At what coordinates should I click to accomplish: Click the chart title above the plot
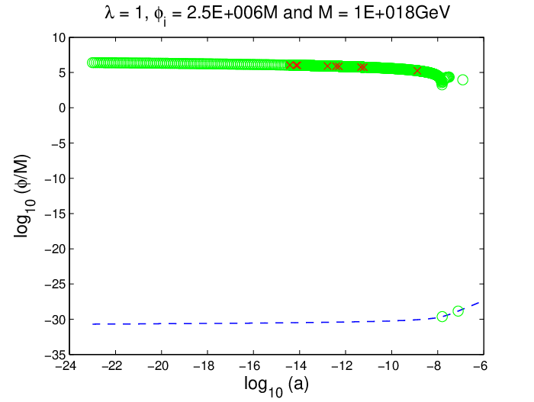[278, 14]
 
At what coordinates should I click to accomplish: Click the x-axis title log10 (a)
[276, 385]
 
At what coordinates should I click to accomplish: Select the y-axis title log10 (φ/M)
[24, 196]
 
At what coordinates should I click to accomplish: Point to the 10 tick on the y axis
[59, 37]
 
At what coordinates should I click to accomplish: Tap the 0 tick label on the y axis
[62, 108]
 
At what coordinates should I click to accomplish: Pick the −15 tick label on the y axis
[55, 214]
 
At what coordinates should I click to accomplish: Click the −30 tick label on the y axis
[55, 320]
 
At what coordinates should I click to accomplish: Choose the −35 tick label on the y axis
[55, 355]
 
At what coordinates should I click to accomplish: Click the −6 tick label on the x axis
[480, 366]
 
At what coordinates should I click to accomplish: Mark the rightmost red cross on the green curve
[417, 71]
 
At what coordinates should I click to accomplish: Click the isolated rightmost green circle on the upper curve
[462, 80]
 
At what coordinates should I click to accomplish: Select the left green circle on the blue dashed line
[442, 317]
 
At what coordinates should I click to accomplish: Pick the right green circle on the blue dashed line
[458, 310]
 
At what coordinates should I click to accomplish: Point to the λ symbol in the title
[109, 13]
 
